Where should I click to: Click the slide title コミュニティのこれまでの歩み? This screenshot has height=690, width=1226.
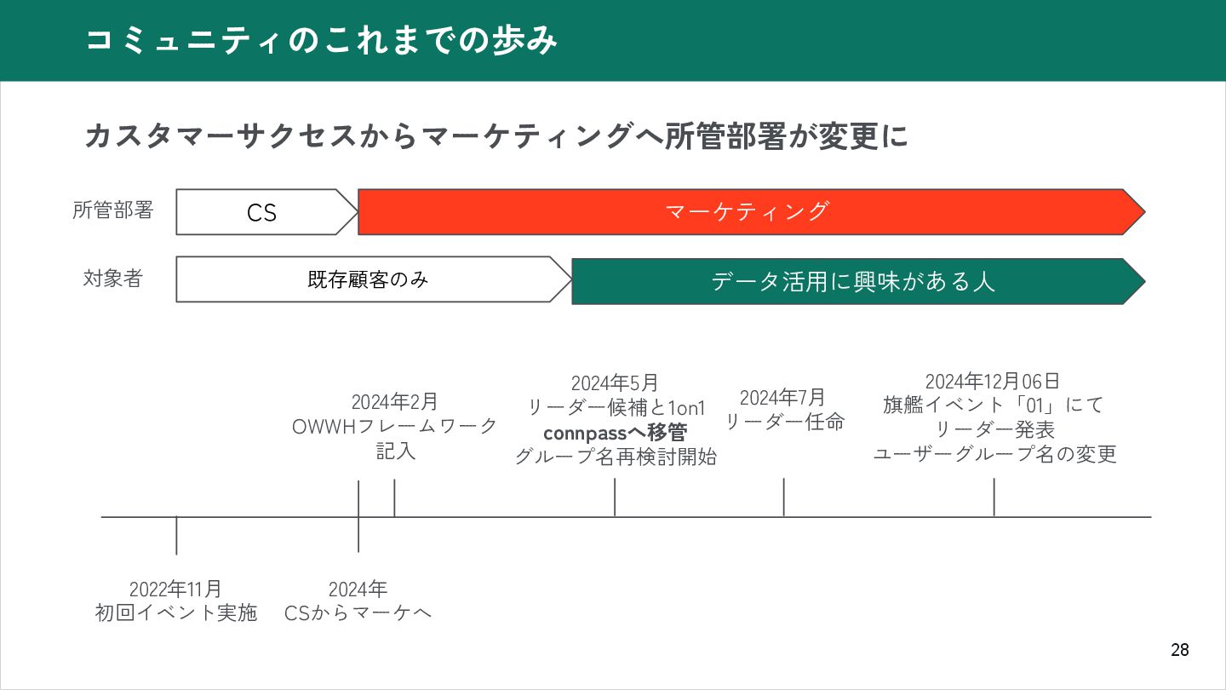point(322,40)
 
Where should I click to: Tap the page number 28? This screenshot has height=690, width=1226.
point(1179,650)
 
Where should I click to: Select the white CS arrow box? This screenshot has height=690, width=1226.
point(262,212)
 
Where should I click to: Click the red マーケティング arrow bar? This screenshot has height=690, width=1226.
point(746,211)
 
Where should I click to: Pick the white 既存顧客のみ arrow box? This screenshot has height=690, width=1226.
point(368,279)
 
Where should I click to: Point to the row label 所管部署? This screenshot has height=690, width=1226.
point(112,210)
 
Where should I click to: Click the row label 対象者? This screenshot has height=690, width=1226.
point(112,279)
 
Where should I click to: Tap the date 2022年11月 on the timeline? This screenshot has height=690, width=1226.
point(175,589)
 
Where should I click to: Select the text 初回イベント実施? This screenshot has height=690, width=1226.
point(175,612)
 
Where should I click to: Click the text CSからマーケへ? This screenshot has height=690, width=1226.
point(358,612)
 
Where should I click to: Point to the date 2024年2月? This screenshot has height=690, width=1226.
point(395,401)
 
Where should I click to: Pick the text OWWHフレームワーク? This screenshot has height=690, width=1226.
point(395,426)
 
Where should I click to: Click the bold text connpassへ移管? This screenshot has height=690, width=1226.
point(615,432)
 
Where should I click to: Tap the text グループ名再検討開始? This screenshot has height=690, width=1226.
point(615,457)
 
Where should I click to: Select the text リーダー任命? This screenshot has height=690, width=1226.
point(783,421)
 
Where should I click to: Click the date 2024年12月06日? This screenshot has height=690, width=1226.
point(993,381)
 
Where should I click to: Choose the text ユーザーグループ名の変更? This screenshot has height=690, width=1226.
point(994,454)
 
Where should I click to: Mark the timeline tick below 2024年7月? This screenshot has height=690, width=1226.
point(783,497)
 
